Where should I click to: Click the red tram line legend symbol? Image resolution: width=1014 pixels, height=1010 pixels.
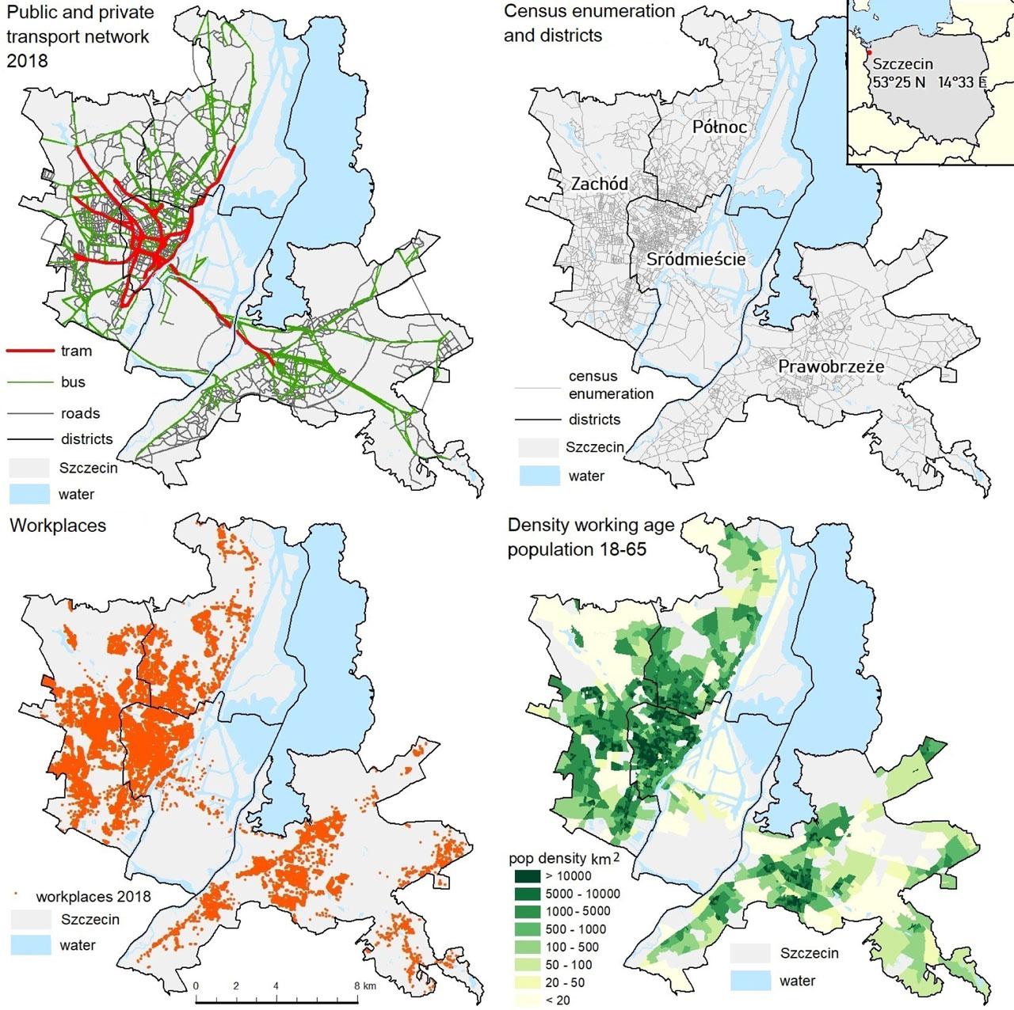pos(30,350)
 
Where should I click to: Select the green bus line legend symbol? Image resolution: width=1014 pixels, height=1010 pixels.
pos(30,382)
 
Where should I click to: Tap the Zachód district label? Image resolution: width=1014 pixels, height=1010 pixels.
pos(600,184)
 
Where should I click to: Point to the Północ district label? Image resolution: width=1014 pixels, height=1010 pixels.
pos(719,127)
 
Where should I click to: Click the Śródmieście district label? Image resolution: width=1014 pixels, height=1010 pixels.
pos(696,259)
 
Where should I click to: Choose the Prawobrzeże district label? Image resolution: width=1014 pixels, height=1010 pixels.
pos(831,366)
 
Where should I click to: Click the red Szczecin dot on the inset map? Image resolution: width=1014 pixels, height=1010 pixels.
pos(868,53)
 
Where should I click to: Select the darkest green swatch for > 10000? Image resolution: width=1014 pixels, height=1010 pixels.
pos(526,876)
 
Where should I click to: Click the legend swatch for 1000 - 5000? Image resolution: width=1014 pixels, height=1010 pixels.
pos(526,911)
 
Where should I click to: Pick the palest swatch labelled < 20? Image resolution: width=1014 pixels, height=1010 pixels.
pos(526,1000)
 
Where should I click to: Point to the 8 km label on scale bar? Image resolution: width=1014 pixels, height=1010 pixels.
pos(365,986)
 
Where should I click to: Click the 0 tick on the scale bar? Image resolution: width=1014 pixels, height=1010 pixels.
pos(196,986)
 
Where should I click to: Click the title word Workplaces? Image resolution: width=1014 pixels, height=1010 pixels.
pos(58,526)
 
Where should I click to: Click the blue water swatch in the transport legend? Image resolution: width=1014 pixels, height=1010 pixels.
pos(29,494)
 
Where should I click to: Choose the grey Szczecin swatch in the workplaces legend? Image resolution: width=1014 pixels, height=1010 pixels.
pos(30,919)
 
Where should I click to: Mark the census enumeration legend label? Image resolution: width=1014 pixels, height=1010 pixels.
pos(611,385)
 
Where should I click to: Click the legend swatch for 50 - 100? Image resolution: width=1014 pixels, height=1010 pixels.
pos(526,964)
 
